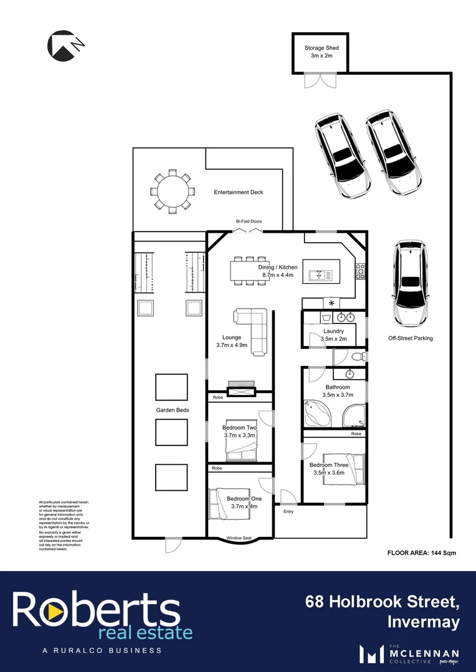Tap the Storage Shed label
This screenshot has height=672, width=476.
tap(321, 48)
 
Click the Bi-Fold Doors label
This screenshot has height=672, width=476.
tap(249, 222)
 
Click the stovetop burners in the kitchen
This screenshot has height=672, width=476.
tap(360, 271)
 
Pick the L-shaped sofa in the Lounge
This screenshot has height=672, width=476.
tap(254, 329)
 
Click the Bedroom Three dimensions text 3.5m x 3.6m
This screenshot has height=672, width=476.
tap(329, 473)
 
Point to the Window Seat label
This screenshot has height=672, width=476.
tap(239, 538)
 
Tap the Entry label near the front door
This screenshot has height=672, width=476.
tap(288, 511)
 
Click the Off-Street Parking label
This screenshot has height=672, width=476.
tap(410, 338)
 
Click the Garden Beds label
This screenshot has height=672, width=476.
tap(172, 410)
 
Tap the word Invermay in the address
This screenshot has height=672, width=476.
tap(424, 622)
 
